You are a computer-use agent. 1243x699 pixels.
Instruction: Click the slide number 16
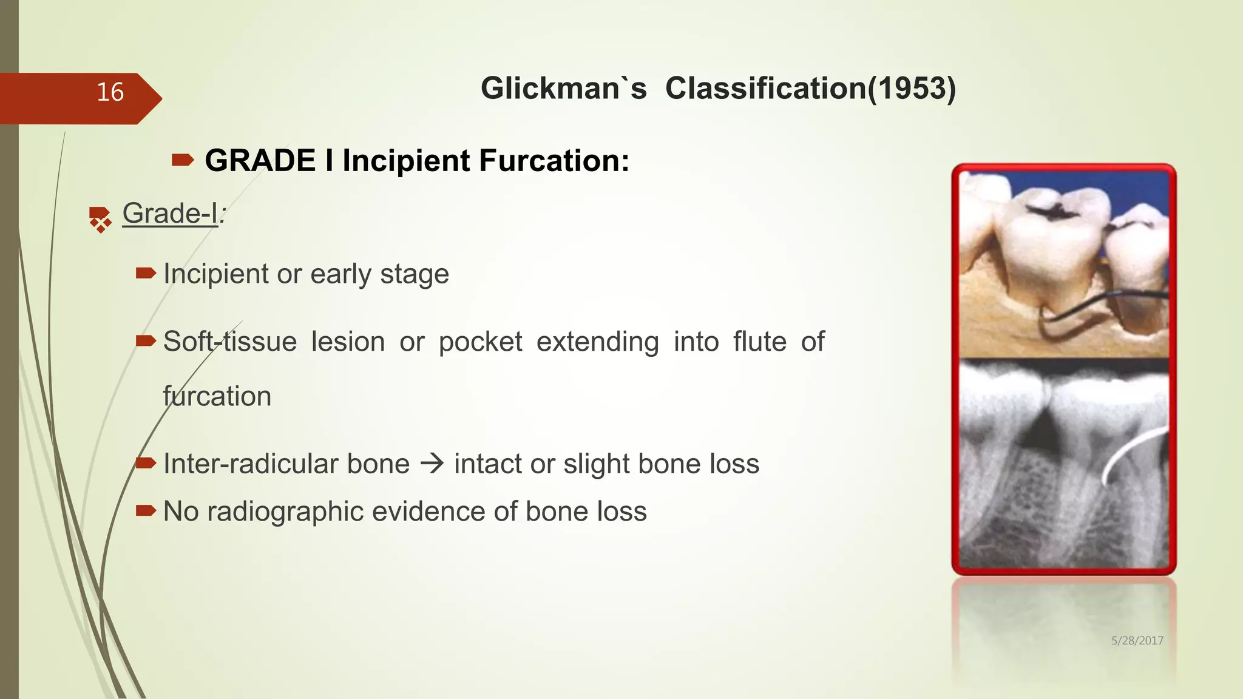coord(110,92)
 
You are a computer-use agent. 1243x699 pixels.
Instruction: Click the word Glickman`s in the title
coord(563,89)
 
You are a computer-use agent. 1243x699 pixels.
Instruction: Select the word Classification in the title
coord(765,89)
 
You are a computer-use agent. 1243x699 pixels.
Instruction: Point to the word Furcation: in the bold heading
coord(554,161)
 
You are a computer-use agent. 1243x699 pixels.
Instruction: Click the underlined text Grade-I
coord(170,214)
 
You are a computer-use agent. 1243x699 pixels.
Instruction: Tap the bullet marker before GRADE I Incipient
coord(182,160)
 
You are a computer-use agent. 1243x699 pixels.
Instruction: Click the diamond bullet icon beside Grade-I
coord(100,219)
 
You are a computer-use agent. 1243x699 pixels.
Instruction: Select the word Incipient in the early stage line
coord(216,274)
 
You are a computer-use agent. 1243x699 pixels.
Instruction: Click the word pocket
coord(480,342)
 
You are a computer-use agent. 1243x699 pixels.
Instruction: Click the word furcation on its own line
coord(217,396)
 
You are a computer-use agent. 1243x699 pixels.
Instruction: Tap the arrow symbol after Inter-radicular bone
coord(432,464)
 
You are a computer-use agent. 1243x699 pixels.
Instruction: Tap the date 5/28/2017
coord(1137,641)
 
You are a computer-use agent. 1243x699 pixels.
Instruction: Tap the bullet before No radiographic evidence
coord(146,511)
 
